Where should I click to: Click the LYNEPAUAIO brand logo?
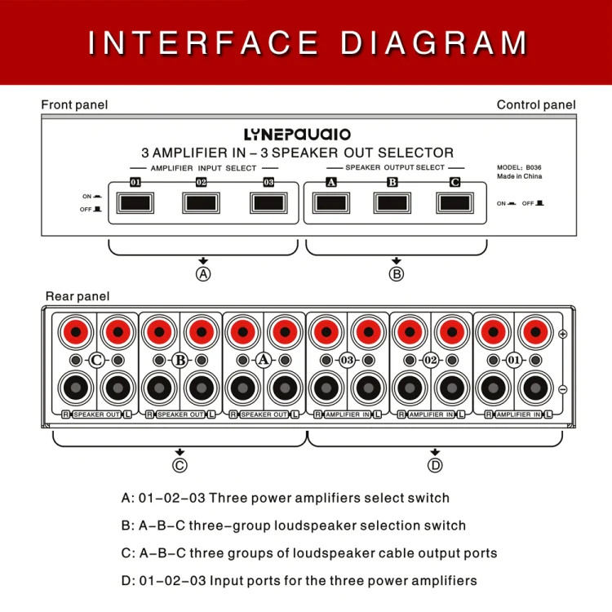point(297,135)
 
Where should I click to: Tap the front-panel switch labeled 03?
point(268,203)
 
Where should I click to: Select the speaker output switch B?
point(392,203)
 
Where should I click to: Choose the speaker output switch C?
point(455,203)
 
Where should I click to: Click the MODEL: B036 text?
point(519,167)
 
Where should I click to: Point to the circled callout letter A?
point(203,274)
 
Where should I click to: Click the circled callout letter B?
point(397,274)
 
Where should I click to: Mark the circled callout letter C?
point(180,465)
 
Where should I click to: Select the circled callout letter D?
point(435,465)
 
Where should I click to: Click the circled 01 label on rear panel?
point(514,360)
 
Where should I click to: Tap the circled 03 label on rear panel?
point(347,360)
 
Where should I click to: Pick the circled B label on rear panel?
point(180,360)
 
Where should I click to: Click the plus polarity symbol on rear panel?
point(563,334)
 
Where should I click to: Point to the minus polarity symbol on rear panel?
point(563,389)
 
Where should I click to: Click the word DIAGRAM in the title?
point(433,42)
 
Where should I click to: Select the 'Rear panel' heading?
point(78,296)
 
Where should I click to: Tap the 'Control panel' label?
point(536,104)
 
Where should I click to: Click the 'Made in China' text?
point(519,176)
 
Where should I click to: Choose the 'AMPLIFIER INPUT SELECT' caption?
point(203,168)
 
